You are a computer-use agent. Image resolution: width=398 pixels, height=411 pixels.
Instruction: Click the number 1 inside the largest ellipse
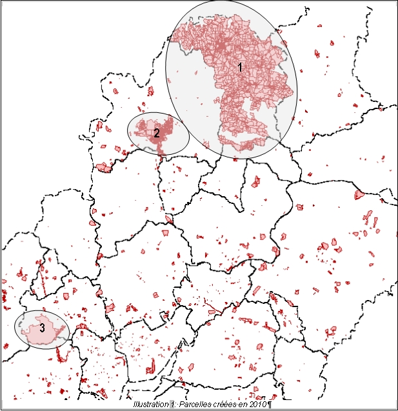click(240, 66)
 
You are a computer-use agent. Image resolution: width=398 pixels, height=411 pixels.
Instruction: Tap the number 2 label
click(156, 133)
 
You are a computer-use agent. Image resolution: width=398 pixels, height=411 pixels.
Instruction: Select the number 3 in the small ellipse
click(42, 328)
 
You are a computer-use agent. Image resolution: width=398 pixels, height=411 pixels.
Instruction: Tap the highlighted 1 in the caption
click(172, 405)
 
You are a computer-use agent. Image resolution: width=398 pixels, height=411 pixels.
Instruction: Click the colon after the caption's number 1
click(176, 405)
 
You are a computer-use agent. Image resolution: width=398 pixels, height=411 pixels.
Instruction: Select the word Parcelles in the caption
click(193, 405)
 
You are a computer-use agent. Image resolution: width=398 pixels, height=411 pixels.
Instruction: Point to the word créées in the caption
click(221, 405)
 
